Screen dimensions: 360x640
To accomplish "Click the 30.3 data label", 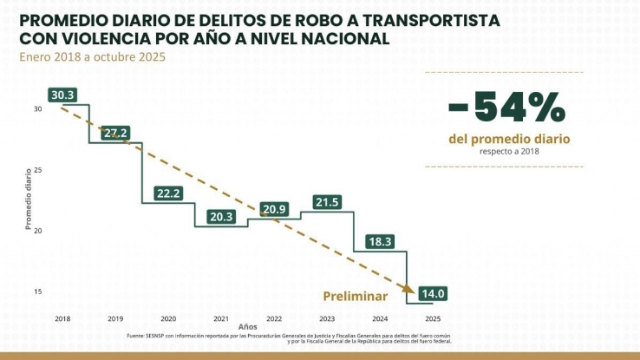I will [62, 95].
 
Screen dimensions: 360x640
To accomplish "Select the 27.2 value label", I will [115, 133].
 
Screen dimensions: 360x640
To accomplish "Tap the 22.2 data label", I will [168, 193].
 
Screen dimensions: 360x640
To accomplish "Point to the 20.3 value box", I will [221, 217].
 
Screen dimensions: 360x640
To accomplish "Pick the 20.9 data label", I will [274, 209].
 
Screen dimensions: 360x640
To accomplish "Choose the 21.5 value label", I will [326, 202].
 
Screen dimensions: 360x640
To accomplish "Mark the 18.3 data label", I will [380, 241].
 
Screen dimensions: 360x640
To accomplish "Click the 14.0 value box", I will [432, 293].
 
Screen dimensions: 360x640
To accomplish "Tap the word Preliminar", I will [355, 295].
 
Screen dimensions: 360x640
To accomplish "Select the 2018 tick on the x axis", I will [62, 319].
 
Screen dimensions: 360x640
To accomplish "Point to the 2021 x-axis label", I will [221, 319].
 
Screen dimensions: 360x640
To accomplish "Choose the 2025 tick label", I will [432, 319].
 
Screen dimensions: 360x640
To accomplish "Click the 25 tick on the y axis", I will [38, 170].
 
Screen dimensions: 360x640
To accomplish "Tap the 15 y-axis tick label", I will [38, 291].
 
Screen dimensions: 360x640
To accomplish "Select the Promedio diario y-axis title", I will [28, 200].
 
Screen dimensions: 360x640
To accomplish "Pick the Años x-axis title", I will [248, 327].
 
